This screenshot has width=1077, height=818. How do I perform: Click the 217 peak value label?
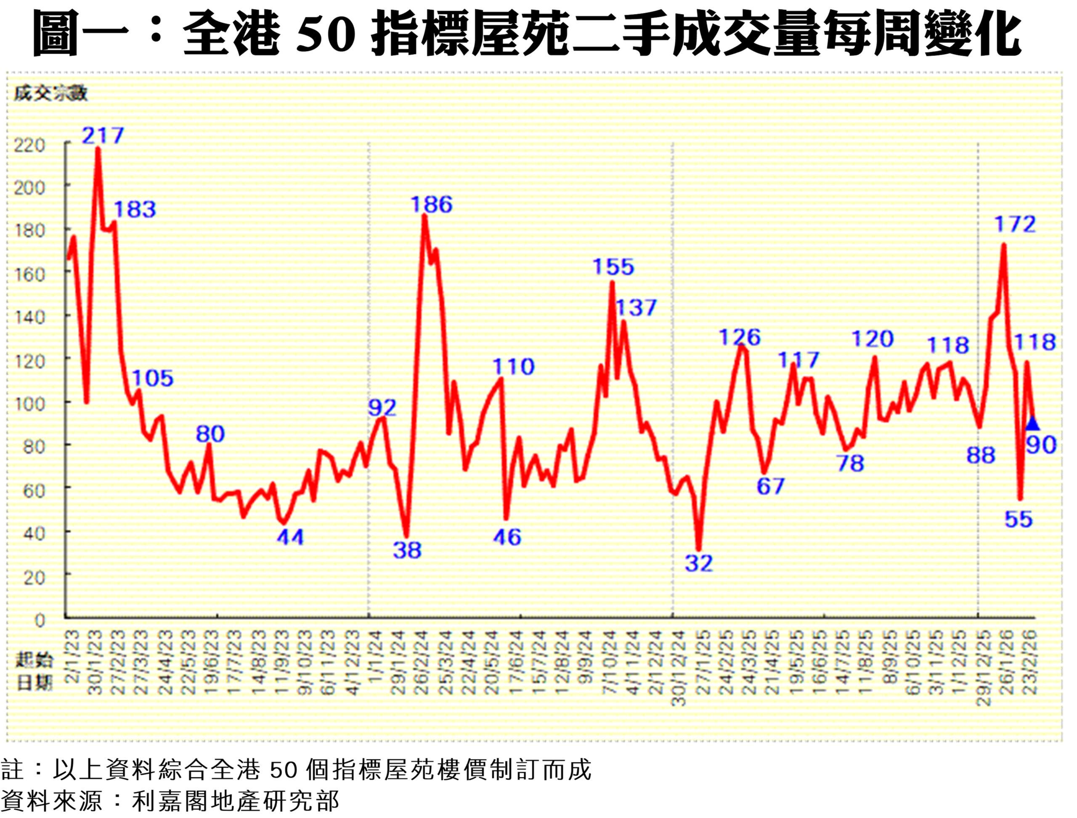click(103, 135)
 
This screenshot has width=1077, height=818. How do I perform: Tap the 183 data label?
click(135, 209)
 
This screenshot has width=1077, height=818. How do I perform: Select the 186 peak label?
click(432, 204)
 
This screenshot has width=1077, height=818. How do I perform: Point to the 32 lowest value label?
click(698, 564)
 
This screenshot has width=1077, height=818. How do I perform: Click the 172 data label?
click(1015, 225)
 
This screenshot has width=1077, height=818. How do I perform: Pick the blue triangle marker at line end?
click(1032, 424)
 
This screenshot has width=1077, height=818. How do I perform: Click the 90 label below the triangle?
click(1041, 445)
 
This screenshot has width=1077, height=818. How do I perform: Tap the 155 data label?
click(613, 267)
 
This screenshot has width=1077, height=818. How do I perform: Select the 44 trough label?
click(290, 537)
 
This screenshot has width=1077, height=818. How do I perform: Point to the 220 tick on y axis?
click(29, 145)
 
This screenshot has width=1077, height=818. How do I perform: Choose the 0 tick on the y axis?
click(40, 620)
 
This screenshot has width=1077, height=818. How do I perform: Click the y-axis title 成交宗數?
click(50, 93)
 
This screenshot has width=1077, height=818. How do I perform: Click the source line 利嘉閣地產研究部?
click(235, 801)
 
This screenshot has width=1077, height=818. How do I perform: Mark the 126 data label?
click(740, 337)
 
